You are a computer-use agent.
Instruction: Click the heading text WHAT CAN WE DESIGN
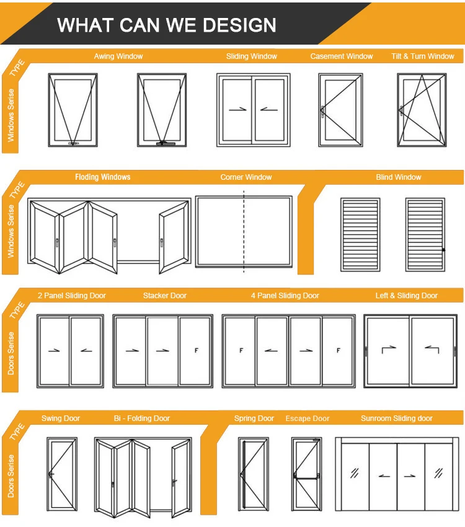coord(167,25)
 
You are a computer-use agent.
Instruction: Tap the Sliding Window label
coord(251,56)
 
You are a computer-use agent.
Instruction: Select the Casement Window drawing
coord(340,110)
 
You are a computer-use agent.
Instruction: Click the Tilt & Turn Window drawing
coord(422,110)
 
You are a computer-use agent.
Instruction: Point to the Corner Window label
coord(246,177)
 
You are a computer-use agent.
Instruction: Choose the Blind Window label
coord(398,177)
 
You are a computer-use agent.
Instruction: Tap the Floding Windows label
coord(103,177)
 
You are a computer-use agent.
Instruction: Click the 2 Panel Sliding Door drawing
coord(70,351)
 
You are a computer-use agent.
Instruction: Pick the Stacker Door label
coord(165,296)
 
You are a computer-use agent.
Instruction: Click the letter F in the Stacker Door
coord(196,351)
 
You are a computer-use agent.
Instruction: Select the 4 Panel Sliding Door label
coord(285,296)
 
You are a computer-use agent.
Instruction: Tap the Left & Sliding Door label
coord(407,296)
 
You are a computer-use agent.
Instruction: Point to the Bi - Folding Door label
coord(141,418)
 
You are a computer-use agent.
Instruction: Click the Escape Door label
coord(308,418)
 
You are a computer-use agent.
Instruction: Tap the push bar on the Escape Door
coord(307,476)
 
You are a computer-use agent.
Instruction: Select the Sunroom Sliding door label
coord(397,418)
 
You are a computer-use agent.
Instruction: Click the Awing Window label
coord(118,56)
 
